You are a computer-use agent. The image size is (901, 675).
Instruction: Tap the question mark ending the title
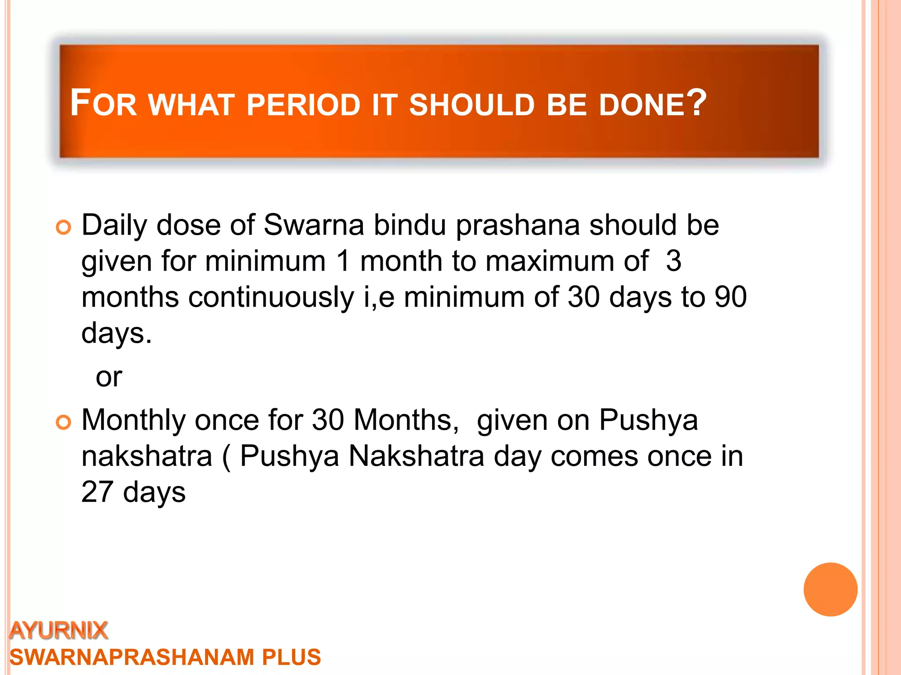coord(696,102)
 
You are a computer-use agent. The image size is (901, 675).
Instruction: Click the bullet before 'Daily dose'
coord(64,227)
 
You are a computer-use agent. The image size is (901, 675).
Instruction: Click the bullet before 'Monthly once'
coord(64,422)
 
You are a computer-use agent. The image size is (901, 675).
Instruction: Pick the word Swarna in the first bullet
coord(314,225)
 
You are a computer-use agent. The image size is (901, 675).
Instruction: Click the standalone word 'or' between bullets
coord(109,377)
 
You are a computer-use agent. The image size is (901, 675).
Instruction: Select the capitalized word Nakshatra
coord(416,456)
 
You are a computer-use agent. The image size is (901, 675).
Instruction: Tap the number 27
coord(97,492)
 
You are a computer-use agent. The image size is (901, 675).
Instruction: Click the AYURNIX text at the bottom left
coord(59,631)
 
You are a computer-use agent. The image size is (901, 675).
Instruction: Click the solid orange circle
coord(830,589)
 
